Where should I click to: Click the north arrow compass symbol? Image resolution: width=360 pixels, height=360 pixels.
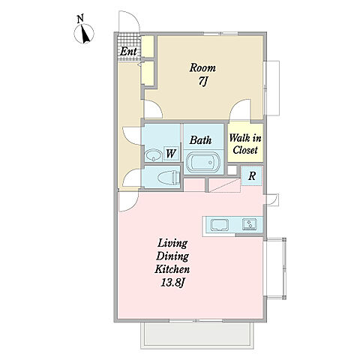click(84, 34)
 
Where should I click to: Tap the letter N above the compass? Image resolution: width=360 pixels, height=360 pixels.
click(80, 19)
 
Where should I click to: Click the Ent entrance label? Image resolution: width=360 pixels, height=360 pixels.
click(128, 52)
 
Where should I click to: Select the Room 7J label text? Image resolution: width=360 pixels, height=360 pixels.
click(202, 74)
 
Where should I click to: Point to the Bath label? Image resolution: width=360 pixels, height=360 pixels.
click(200, 140)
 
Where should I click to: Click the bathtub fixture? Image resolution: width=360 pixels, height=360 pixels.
click(203, 162)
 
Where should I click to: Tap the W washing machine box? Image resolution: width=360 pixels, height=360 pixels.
click(171, 153)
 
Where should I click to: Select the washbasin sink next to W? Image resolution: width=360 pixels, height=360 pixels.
click(152, 155)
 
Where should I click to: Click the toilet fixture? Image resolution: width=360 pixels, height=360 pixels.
click(169, 178)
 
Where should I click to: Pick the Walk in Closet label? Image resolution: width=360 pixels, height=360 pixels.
click(245, 144)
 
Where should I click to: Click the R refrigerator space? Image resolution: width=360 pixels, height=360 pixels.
click(252, 176)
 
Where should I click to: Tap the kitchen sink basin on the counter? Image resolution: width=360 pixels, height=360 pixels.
click(219, 225)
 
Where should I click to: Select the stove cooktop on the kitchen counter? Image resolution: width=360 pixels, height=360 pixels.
click(249, 224)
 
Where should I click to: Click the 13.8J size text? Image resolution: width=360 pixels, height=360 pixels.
click(172, 283)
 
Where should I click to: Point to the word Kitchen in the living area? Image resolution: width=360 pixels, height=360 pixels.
click(172, 269)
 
